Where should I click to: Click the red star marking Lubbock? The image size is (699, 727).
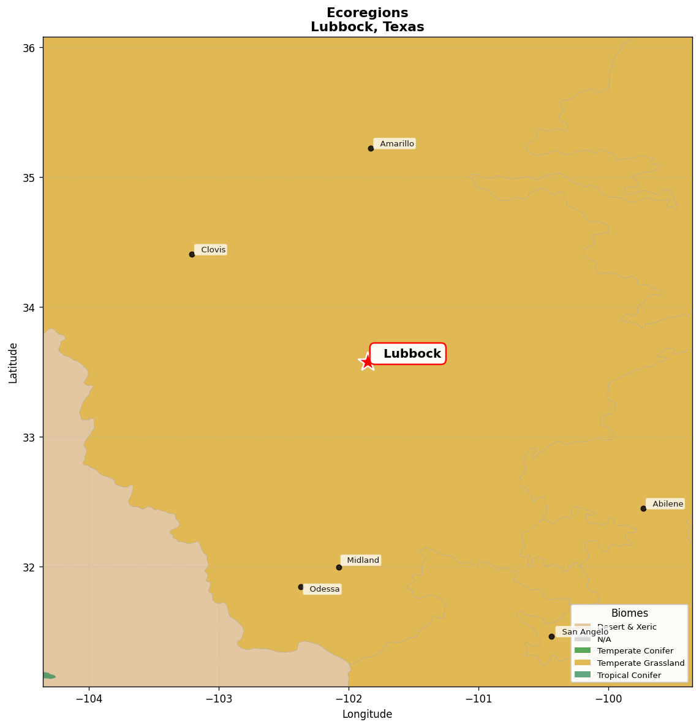click(367, 361)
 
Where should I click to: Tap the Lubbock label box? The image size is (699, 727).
click(408, 354)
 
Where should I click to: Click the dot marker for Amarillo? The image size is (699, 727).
click(371, 148)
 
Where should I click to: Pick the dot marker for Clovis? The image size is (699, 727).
click(192, 254)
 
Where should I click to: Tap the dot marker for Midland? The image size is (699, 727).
click(339, 567)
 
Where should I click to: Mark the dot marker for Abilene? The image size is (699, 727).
click(643, 508)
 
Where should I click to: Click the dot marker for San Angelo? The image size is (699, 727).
click(551, 636)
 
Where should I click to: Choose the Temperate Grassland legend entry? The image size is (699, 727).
click(641, 663)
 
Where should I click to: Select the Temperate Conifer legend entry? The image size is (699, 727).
click(635, 651)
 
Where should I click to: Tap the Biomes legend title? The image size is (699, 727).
click(629, 613)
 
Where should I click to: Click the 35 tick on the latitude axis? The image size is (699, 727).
click(29, 178)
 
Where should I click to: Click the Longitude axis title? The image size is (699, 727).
click(367, 714)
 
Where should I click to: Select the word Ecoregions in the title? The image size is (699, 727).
click(367, 13)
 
